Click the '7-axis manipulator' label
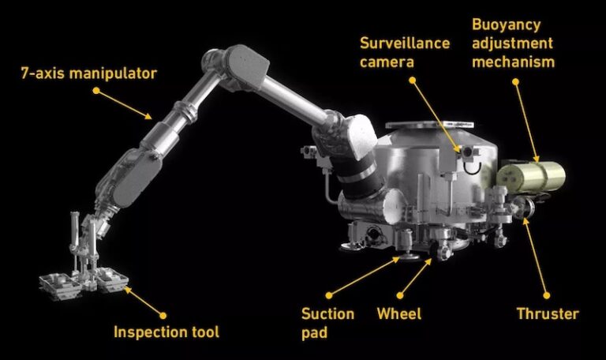[x=89, y=74]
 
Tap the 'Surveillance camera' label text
[x=404, y=51]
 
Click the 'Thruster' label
[x=548, y=314]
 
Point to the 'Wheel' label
[x=398, y=314]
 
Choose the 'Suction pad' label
[x=327, y=323]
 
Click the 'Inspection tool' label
[x=166, y=332]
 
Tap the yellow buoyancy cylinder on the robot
[x=533, y=175]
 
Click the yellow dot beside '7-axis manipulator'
[x=96, y=91]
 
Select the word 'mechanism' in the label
[x=513, y=61]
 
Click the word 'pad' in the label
[x=314, y=332]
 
